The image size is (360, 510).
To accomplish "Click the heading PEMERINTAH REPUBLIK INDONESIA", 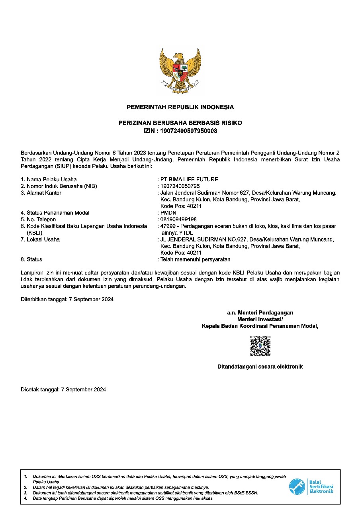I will coord(180,107).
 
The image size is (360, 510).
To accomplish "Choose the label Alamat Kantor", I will coord(44,193).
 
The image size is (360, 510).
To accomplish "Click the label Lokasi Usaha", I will coord(43,239).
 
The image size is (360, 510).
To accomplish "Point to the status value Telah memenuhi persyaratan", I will coord(195,259).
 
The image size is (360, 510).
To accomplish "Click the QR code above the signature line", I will coord(260,346).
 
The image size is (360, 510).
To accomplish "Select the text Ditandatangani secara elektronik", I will coord(260,367).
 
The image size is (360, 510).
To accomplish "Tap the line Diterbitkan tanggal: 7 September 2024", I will coord(67,299).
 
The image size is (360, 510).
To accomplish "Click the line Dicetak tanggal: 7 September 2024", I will coord(63,390).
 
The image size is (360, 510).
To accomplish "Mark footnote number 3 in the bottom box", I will coord(25,493).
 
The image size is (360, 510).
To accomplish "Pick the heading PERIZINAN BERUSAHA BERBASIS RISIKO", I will coord(180,123).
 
